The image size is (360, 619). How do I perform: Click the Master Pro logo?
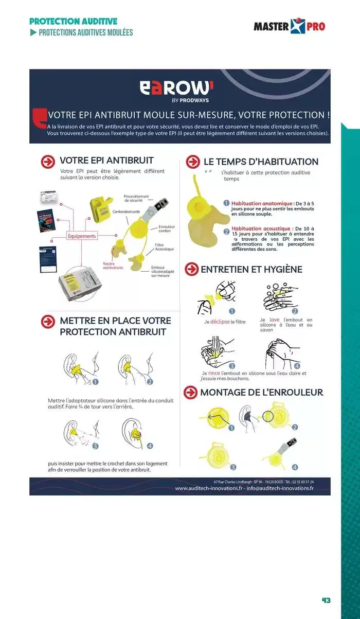289,26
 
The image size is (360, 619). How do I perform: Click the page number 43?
326,600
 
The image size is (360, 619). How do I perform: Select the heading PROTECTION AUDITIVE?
73,21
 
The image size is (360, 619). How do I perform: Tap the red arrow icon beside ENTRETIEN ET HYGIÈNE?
192,269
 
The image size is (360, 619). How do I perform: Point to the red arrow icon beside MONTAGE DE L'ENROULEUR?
191,392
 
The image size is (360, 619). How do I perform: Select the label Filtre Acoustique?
164,247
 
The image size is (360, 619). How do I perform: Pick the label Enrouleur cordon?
166,228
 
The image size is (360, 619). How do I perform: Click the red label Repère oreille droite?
113,266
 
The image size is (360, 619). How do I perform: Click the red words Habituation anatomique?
261,204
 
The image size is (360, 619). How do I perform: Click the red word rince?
214,374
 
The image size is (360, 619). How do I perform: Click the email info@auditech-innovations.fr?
280,488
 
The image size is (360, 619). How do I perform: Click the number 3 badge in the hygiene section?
231,365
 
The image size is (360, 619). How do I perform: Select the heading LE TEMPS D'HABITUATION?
261,162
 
